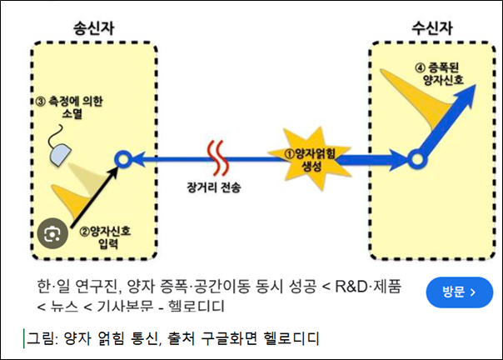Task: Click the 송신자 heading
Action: pos(92,27)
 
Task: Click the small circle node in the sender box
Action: pos(122,157)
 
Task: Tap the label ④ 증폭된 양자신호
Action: pos(446,73)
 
